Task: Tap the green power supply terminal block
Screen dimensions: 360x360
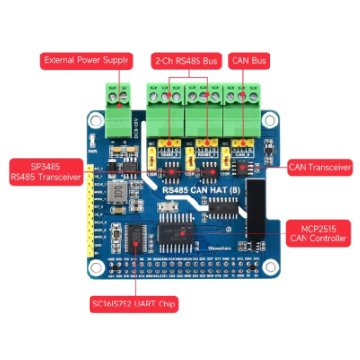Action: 118,96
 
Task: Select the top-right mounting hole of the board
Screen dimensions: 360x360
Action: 267,123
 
